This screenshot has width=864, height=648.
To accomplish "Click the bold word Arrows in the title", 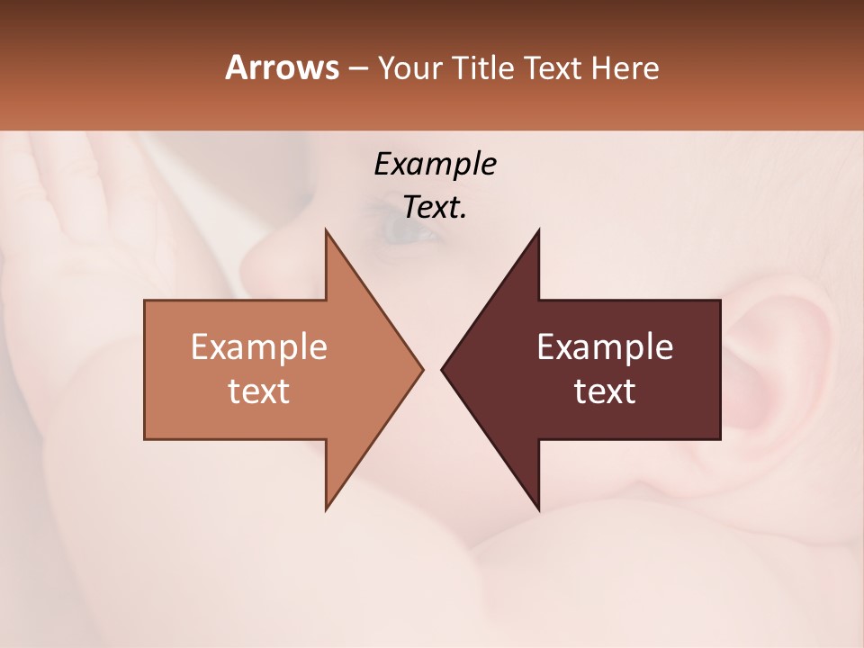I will coord(282,67).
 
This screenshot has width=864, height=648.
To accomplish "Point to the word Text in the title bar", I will coord(553,68).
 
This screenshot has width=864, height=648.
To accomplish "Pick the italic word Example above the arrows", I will coord(435,165).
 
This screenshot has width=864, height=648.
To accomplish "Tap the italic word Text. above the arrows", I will coord(435,208).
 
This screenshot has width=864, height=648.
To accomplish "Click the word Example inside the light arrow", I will coord(259,346).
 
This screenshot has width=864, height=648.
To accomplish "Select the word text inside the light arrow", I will coord(259,391).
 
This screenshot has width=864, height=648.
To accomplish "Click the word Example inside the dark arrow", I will coord(605,346).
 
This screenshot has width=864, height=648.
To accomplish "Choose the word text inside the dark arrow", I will coord(605,391).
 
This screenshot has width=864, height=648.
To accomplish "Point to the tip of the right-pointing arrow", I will coord(422,369).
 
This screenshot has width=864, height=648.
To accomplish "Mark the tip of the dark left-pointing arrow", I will coord(442,369).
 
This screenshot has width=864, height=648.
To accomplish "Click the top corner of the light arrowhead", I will coord(327,230).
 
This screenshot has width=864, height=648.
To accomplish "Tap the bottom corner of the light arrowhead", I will coord(327,509).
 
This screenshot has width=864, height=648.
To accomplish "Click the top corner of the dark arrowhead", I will coord(538,230).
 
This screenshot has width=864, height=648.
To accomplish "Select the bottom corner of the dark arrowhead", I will coord(538,509).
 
